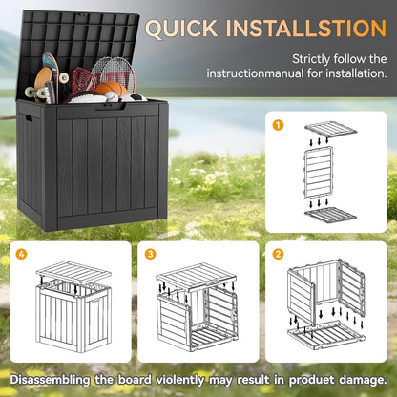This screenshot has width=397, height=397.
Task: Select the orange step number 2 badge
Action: click(x=279, y=255)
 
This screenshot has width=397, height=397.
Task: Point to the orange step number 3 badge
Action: click(x=150, y=255)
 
